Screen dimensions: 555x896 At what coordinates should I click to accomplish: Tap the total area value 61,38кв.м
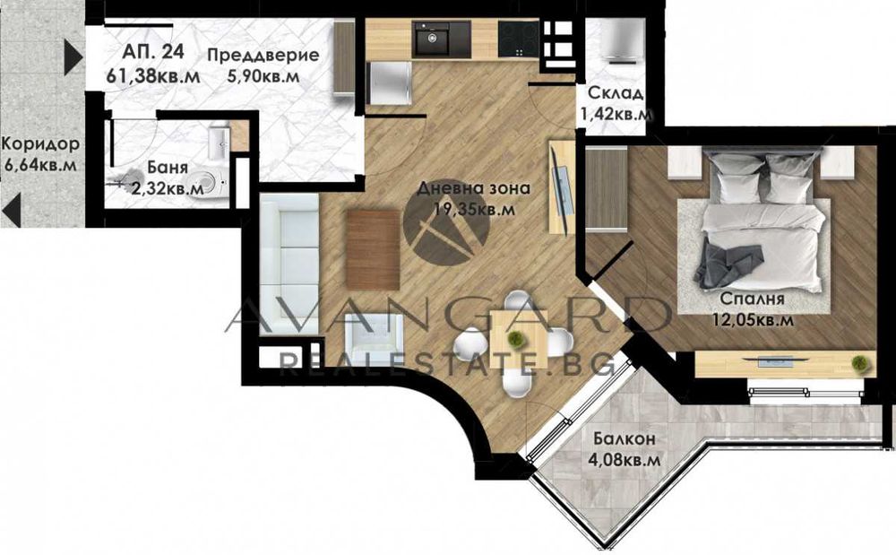pos(152,75)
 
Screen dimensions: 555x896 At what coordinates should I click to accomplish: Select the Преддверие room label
pos(263,56)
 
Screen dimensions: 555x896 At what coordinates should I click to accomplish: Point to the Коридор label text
pos(39,144)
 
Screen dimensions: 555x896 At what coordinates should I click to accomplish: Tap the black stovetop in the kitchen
pos(519,39)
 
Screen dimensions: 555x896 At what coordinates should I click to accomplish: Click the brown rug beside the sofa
pos(372,249)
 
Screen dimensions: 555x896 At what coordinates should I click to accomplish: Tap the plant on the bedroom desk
pos(858,362)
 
